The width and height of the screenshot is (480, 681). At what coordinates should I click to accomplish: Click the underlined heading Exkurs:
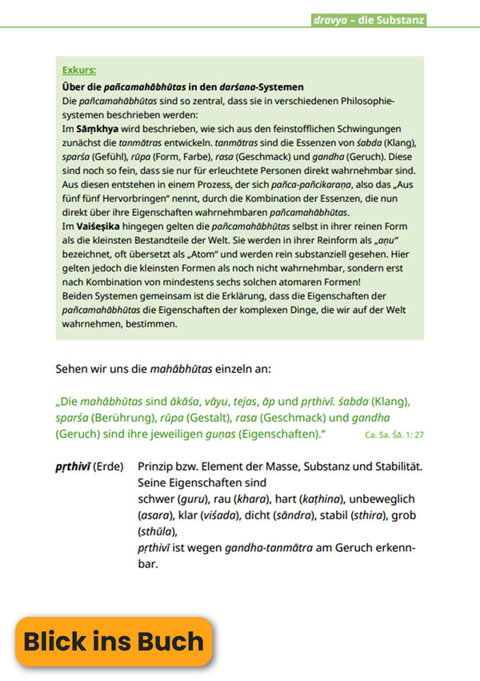[79, 70]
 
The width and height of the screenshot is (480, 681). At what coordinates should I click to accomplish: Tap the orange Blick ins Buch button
[114, 642]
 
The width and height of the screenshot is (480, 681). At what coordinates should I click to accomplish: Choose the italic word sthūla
[157, 531]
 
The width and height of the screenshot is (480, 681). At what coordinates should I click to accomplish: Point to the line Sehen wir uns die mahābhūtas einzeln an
[163, 369]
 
